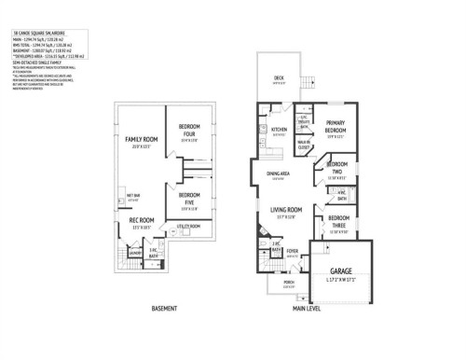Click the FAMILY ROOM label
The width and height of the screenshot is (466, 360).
pyautogui.click(x=139, y=139)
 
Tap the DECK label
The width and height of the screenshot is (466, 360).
pyautogui.click(x=279, y=77)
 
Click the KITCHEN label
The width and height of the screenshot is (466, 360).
pyautogui.click(x=278, y=130)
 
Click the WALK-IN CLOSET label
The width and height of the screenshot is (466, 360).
pyautogui.click(x=304, y=145)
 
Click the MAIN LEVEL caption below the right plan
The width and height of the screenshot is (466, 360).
pyautogui.click(x=305, y=307)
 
